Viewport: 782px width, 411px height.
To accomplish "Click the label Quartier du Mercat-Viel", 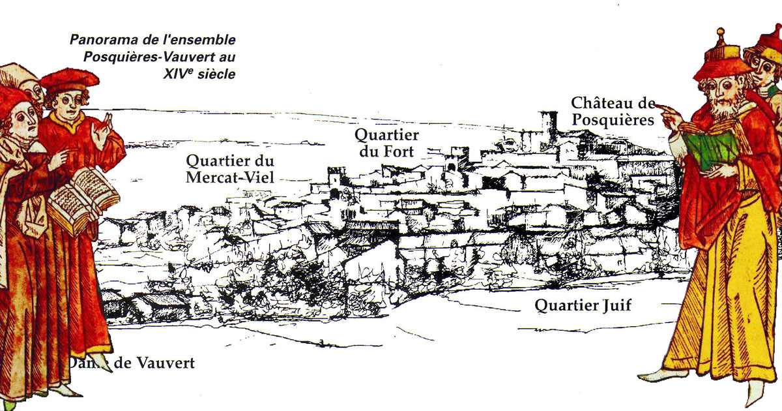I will point(230,168).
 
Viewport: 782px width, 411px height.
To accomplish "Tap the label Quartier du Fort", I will point(386,144).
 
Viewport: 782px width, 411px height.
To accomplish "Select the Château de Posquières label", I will point(612,112).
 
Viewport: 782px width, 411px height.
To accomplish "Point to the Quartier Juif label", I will point(583,305).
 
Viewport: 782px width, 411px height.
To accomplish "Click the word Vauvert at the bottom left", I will point(164,363).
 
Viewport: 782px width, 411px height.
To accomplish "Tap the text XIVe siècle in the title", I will point(200,74).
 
